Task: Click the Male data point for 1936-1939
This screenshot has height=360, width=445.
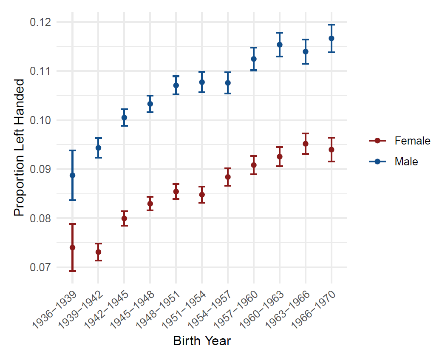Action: (72, 175)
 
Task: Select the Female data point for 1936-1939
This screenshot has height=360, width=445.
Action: (72, 247)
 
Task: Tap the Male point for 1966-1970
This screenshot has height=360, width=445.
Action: (332, 38)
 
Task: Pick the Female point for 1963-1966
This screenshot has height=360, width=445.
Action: (306, 144)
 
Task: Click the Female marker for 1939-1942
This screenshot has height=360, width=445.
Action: (98, 252)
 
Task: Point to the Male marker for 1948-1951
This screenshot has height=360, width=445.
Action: (176, 85)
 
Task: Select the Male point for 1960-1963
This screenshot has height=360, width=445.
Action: (280, 45)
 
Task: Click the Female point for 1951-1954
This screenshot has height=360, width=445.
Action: (202, 195)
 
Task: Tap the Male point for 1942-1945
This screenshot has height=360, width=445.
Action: (124, 117)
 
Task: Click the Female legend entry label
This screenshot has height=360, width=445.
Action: (412, 141)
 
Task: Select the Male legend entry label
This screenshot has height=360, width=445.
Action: (406, 162)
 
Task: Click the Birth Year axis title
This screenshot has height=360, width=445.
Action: (202, 341)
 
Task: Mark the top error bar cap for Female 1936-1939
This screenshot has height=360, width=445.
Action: (72, 224)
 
